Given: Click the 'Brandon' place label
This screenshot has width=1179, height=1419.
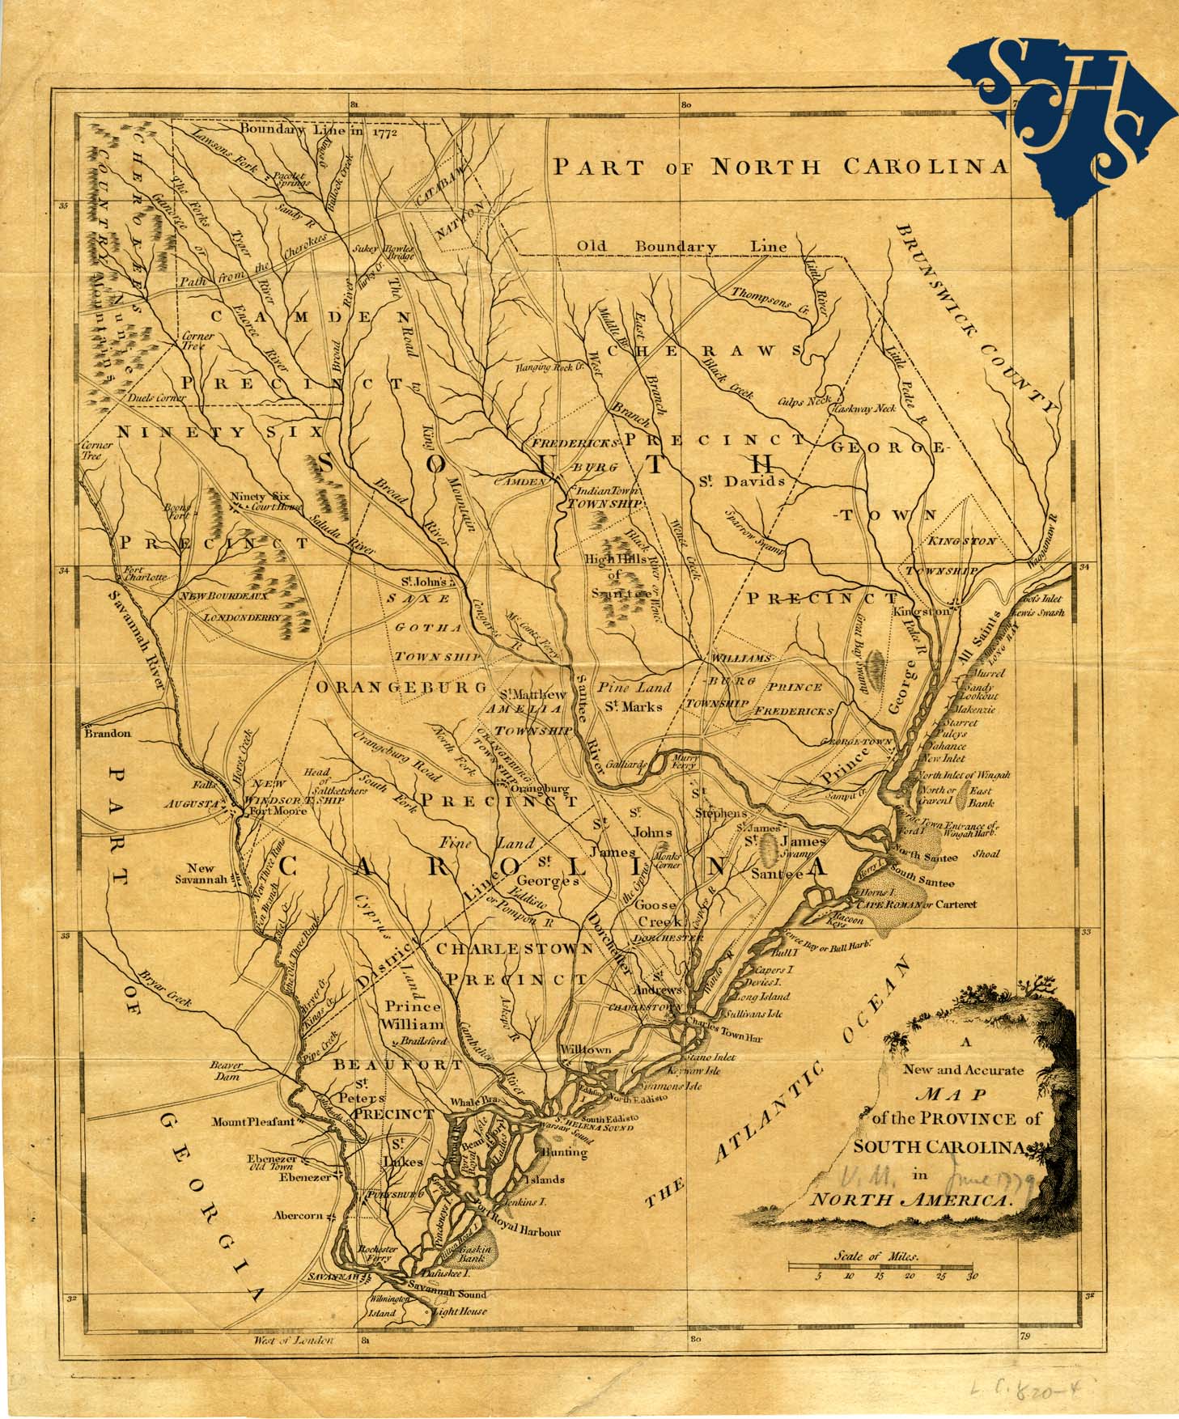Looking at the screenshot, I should (x=105, y=733).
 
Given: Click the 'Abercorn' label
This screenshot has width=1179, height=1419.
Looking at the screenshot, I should (x=297, y=1215).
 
